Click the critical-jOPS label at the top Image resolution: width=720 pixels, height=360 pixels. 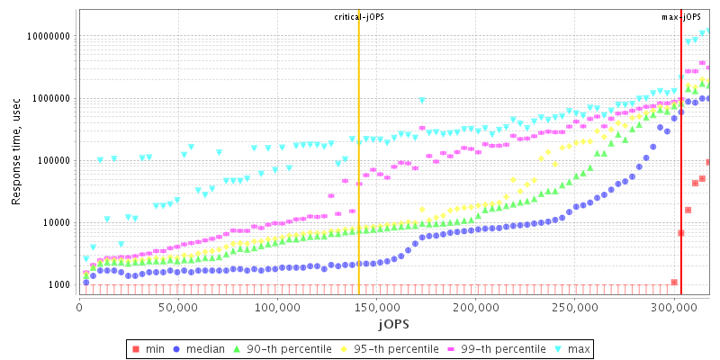359,17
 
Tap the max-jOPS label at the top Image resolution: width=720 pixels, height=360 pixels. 681,17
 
